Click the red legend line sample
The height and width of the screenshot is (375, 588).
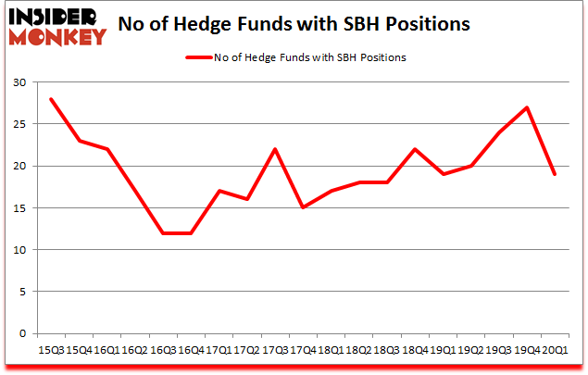198,57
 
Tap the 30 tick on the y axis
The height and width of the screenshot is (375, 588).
19,82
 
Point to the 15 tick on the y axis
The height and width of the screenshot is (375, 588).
19,207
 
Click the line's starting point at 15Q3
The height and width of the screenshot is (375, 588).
53,99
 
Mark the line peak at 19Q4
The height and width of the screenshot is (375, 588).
527,107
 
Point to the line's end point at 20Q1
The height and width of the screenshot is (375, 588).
555,174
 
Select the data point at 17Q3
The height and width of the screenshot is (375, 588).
276,149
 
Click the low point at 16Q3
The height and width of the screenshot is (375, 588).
164,232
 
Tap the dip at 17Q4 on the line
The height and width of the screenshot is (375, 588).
304,207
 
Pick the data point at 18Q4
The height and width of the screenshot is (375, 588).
416,149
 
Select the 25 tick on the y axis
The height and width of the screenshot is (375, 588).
19,124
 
